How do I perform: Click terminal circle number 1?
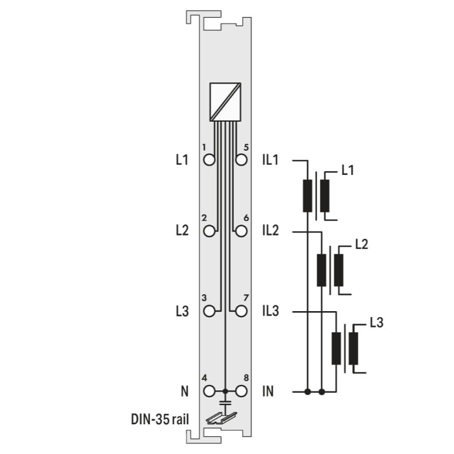[209, 160]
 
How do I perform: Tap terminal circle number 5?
[241, 160]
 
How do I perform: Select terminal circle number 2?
[209, 231]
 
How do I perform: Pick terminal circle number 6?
[241, 231]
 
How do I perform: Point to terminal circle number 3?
[209, 312]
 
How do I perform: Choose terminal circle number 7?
[241, 312]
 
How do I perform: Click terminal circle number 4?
[209, 392]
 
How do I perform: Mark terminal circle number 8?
[241, 392]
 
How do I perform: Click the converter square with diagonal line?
[225, 102]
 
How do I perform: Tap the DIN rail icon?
[222, 418]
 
